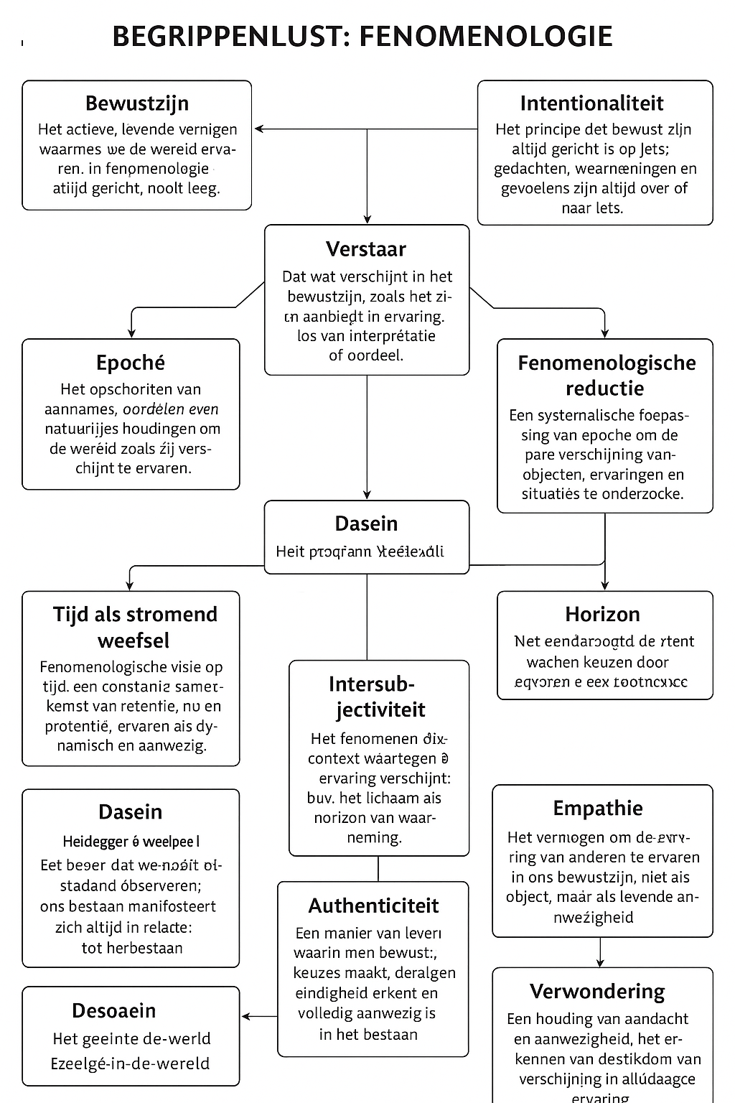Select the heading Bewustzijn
point(137,103)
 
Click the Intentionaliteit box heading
point(591,103)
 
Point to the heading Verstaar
point(366,249)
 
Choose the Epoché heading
point(131,363)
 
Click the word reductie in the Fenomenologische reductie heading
point(604,388)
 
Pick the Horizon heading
point(602,614)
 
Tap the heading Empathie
point(598,808)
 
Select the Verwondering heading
point(597,991)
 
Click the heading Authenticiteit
point(373,906)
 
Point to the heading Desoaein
point(113,1010)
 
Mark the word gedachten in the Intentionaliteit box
point(530,169)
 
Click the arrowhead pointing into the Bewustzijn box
point(258,129)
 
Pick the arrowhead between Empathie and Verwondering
point(600,962)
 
